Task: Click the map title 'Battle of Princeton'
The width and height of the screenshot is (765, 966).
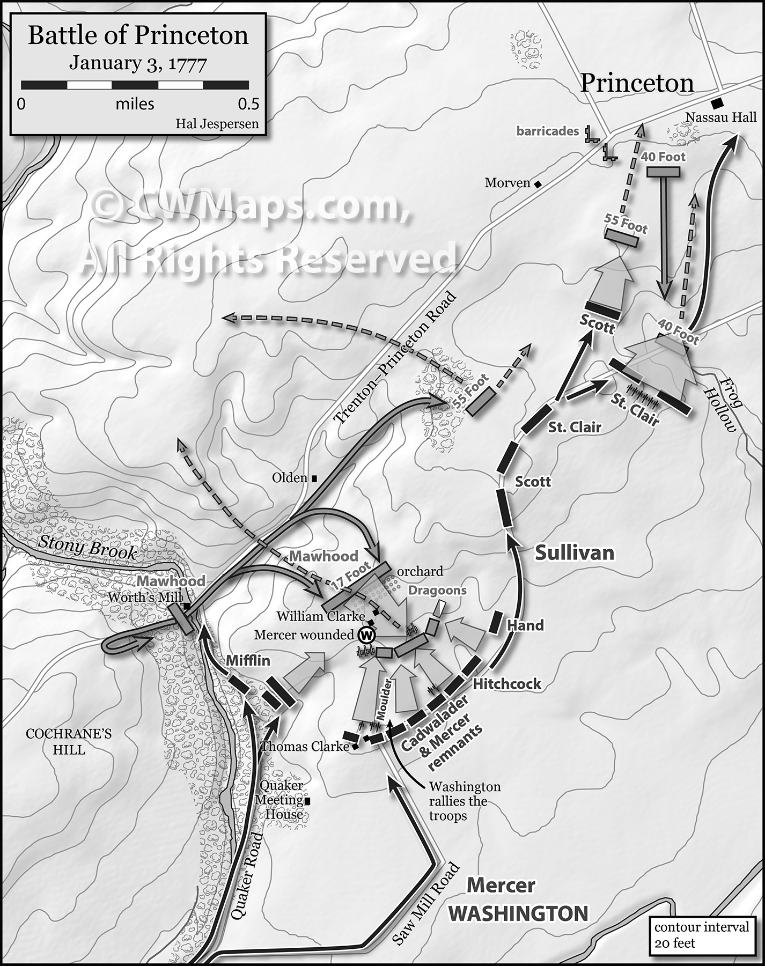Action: pyautogui.click(x=138, y=35)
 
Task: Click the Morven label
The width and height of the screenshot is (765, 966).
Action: pyautogui.click(x=507, y=183)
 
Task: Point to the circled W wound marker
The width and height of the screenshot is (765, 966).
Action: pyautogui.click(x=367, y=635)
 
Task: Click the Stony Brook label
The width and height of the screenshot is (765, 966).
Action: pyautogui.click(x=87, y=548)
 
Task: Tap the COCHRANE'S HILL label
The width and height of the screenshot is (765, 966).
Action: pyautogui.click(x=69, y=741)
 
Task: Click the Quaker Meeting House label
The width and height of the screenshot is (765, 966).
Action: pyautogui.click(x=281, y=800)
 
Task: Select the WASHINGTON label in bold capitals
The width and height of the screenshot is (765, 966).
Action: pyautogui.click(x=518, y=913)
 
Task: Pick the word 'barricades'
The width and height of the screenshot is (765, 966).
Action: pyautogui.click(x=547, y=131)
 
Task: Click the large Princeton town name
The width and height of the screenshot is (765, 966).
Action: pyautogui.click(x=637, y=83)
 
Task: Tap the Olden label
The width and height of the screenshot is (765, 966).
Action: pyautogui.click(x=290, y=477)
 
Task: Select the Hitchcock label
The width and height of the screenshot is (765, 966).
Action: pyautogui.click(x=506, y=683)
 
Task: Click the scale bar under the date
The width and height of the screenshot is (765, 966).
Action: pyautogui.click(x=135, y=85)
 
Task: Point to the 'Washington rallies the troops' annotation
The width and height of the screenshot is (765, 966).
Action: pyautogui.click(x=465, y=801)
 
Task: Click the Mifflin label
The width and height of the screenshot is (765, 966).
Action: pyautogui.click(x=248, y=660)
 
